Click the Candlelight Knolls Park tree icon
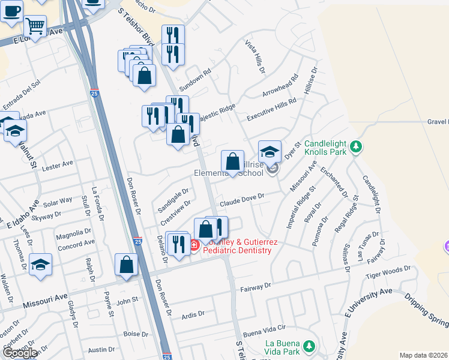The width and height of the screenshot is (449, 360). pyautogui.click(x=356, y=146)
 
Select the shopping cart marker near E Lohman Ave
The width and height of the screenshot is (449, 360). pyautogui.click(x=36, y=27)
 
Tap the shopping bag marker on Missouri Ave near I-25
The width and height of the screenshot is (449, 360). pyautogui.click(x=126, y=265)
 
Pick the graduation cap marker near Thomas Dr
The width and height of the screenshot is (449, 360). pyautogui.click(x=40, y=265)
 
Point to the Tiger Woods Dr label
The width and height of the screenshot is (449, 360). pyautogui.click(x=388, y=274)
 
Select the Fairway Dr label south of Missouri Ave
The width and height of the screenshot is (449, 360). pyautogui.click(x=255, y=288)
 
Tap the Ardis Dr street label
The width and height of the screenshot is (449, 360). pyautogui.click(x=193, y=314)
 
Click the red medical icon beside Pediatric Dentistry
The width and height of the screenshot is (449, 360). pyautogui.click(x=194, y=244)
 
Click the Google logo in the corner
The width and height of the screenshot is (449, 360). pyautogui.click(x=19, y=353)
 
